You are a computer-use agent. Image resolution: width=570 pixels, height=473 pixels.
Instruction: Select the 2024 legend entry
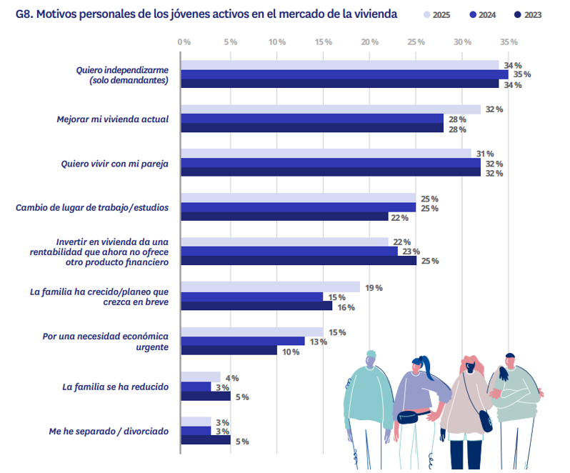coord(486,15)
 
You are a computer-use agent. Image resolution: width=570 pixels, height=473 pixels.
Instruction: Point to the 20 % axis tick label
coord(369,42)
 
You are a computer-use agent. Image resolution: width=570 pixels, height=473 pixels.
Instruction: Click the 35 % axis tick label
coord(509,42)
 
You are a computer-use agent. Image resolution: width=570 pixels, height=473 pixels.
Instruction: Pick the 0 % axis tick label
coord(184,42)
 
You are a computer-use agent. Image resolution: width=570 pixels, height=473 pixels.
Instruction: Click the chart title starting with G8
coord(206,14)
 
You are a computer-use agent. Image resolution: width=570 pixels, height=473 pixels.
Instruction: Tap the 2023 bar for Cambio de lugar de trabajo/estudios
coord(284,217)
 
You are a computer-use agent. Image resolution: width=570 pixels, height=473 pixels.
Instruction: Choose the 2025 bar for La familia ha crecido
coord(270,287)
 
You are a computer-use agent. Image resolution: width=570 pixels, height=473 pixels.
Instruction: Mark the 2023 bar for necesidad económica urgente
coord(229,351)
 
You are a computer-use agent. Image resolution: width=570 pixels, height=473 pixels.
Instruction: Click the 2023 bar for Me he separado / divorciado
coord(206,441)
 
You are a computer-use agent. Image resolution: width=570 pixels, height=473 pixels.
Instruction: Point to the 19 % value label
coord(374,287)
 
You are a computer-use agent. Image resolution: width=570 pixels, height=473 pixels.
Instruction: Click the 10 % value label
coord(290,352)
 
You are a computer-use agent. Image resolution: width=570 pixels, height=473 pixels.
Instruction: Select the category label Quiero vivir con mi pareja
coord(114,164)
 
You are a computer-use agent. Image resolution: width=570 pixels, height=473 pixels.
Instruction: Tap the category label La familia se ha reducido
coord(115,387)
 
